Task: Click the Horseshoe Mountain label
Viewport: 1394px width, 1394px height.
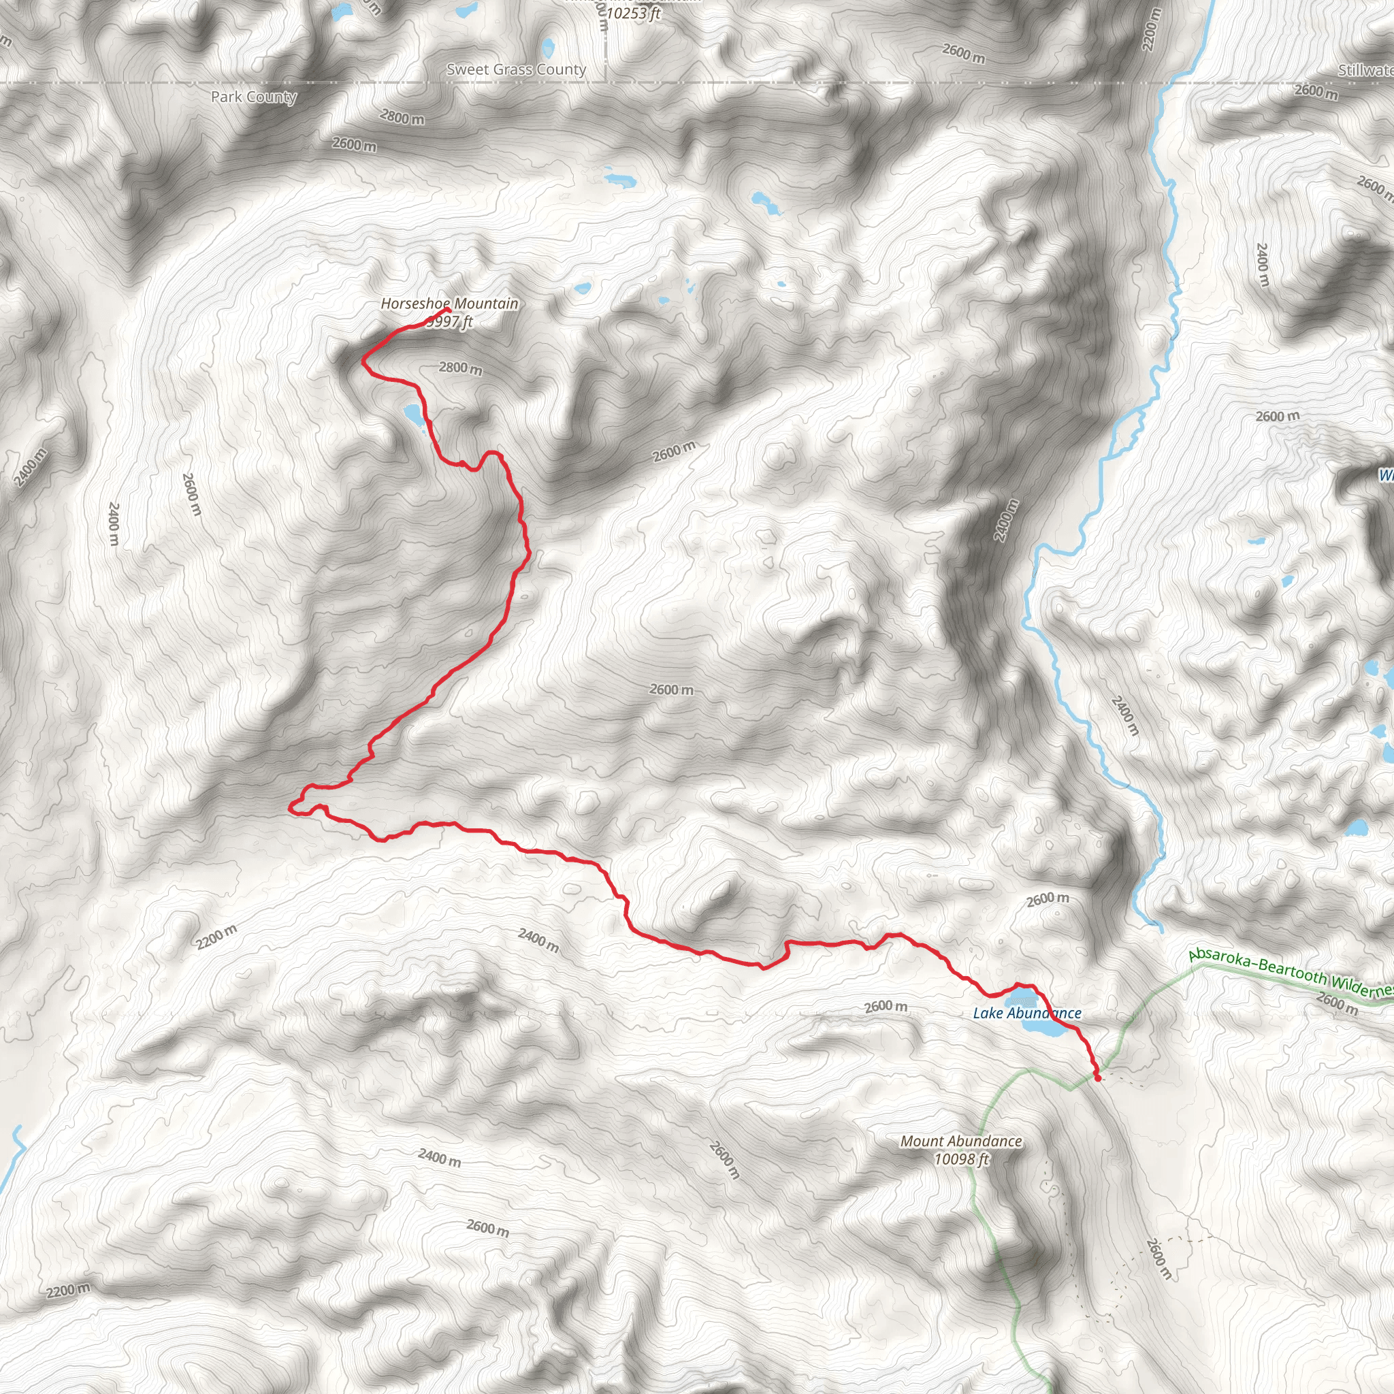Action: click(x=449, y=304)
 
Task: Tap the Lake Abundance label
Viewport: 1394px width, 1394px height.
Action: click(x=1026, y=1013)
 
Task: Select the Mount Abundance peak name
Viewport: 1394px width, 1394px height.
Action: click(x=961, y=1141)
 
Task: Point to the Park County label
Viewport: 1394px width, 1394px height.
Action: click(x=253, y=97)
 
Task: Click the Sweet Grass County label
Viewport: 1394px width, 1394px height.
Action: click(x=516, y=69)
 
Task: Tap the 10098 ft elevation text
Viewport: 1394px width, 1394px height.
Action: click(x=961, y=1158)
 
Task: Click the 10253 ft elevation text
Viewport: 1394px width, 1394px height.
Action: click(x=633, y=13)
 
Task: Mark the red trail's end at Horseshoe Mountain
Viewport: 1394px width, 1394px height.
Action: click(x=448, y=310)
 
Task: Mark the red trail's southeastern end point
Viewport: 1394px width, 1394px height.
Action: click(x=1097, y=1078)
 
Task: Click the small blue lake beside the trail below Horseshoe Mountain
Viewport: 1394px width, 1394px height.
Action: click(x=412, y=414)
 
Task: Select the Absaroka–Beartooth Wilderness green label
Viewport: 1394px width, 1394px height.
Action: click(x=1290, y=973)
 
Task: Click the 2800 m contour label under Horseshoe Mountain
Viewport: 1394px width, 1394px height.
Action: click(x=460, y=368)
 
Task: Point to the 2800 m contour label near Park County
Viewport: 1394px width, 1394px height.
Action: click(x=402, y=116)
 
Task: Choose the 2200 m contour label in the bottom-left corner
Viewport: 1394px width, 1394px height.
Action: click(x=69, y=1289)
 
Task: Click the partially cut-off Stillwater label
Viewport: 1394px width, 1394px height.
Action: click(x=1365, y=70)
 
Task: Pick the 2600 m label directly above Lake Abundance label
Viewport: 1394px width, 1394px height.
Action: click(x=886, y=1006)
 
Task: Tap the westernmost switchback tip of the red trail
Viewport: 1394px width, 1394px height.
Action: click(x=290, y=807)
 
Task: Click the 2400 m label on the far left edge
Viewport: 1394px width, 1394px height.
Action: click(x=31, y=467)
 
